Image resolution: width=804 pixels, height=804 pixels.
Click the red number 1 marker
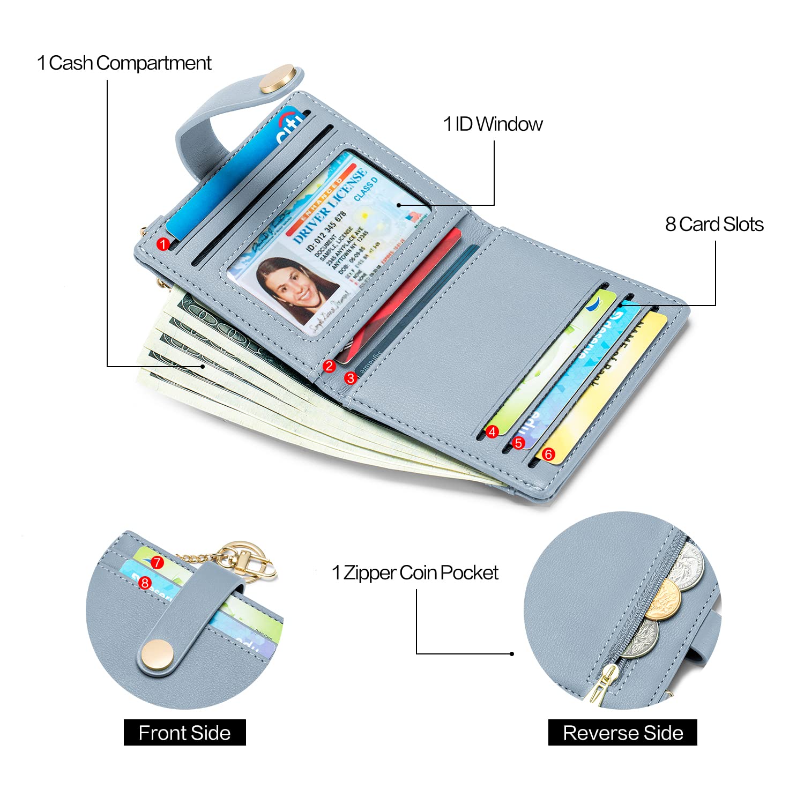point(163,244)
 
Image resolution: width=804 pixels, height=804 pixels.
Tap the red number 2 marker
point(329,367)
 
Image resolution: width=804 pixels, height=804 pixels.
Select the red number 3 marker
point(351,378)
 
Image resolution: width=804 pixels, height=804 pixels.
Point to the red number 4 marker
point(492,431)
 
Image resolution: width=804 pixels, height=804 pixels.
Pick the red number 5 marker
point(518,443)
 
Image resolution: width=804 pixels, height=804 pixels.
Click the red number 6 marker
point(548,455)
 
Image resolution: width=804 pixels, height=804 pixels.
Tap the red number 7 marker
point(157,563)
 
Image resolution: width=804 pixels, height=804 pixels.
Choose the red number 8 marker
point(145,583)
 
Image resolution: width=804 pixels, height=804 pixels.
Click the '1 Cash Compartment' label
point(124,63)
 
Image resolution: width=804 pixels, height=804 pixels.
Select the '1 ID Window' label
point(493,124)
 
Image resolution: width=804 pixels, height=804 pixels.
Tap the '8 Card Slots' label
point(714,225)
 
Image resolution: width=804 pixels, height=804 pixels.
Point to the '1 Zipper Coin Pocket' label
point(415,573)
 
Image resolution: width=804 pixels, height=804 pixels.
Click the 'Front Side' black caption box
point(184,733)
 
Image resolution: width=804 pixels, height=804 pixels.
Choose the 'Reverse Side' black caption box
point(622,733)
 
